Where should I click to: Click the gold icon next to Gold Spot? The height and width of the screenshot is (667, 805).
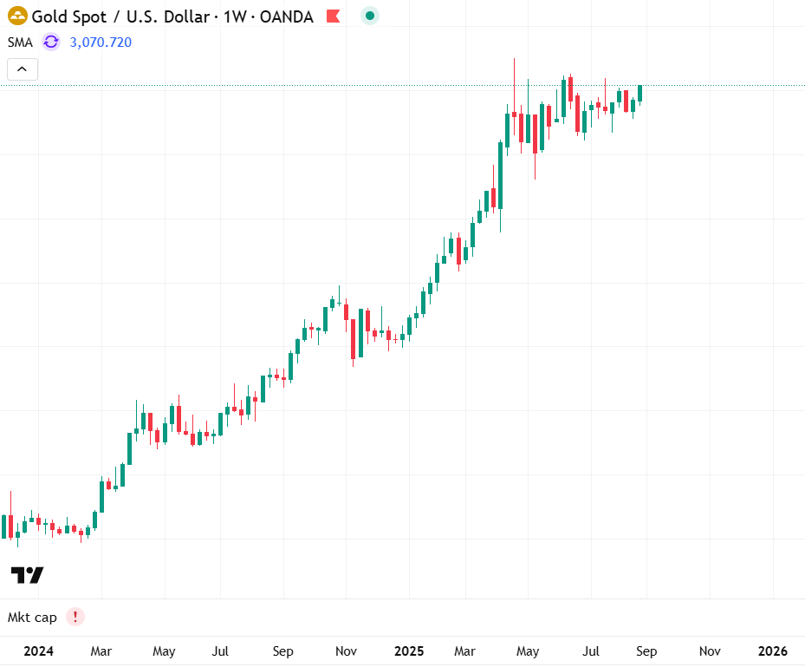coord(17,16)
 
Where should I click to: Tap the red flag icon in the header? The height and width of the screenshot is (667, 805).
coord(333,16)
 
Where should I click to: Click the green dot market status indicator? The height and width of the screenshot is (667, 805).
coord(370,16)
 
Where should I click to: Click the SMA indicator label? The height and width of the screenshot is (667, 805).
coord(21,42)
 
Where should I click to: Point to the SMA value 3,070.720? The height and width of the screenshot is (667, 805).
coord(101,42)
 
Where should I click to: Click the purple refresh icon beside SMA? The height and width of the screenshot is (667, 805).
coord(51,42)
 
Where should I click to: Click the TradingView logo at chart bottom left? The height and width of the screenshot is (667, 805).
coord(27,575)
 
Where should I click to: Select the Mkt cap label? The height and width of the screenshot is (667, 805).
coord(32,618)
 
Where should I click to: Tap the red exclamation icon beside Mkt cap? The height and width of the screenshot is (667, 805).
coord(75,618)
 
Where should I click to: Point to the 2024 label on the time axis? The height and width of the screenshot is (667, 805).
coord(39,651)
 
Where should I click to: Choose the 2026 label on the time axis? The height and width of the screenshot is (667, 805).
coord(773,651)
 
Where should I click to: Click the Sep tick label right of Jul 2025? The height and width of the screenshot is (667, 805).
coord(646,651)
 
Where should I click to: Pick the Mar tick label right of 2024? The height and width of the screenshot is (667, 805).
coord(101,651)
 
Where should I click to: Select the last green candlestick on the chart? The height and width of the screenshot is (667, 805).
coord(640,93)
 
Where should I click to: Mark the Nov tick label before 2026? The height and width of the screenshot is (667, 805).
coord(710,651)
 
